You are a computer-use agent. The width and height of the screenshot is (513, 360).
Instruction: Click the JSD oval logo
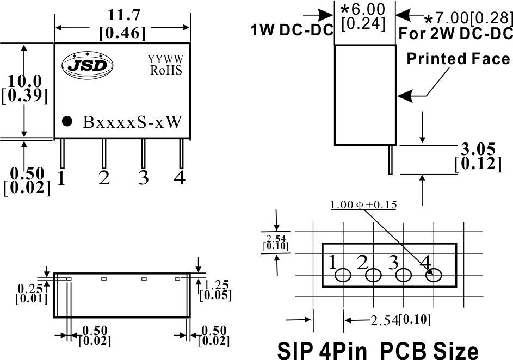tap(88, 64)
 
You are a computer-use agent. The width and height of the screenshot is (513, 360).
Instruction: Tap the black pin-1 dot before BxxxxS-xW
tap(67, 121)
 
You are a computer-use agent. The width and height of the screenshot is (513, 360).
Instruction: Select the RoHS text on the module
tap(165, 70)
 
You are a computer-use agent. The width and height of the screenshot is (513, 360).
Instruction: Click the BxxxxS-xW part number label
tap(132, 122)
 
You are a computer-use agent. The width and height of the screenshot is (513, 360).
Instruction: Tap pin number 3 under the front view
tap(143, 178)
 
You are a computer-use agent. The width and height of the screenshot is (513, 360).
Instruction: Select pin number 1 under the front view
tap(61, 178)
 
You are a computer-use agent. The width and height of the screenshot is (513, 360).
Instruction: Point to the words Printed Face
tap(458, 59)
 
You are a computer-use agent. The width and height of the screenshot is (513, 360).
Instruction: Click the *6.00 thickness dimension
tap(361, 9)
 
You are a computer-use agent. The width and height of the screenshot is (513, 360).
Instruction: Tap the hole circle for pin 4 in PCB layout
tap(434, 276)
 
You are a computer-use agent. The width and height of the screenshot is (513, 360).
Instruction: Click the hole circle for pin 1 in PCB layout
tap(343, 276)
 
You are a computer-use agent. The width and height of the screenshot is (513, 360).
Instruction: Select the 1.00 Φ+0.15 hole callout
tap(363, 205)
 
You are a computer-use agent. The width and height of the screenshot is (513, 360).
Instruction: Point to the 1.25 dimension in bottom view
tap(217, 284)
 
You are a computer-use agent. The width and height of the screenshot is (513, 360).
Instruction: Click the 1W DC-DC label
tap(292, 31)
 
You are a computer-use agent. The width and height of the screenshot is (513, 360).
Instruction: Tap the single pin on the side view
tap(391, 159)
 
